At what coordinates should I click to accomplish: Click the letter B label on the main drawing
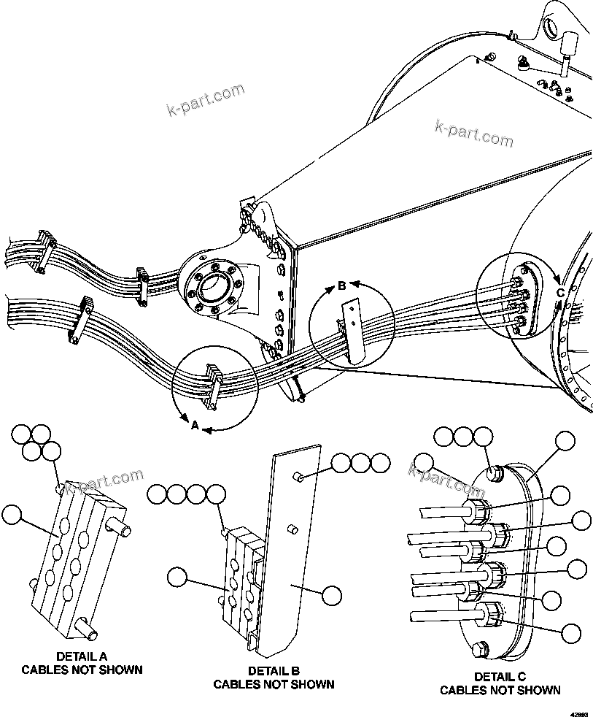point(341,286)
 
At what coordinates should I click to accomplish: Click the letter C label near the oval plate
point(560,293)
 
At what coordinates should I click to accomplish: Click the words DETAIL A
point(81,656)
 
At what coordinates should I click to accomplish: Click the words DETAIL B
point(274,671)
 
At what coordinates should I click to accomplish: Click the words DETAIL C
point(500,676)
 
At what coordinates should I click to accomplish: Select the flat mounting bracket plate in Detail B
point(288,555)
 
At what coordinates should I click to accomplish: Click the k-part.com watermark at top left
point(206,101)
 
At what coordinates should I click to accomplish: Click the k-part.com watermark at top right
point(473,133)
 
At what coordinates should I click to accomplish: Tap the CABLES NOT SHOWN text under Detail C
point(500,690)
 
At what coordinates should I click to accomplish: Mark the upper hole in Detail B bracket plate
point(298,477)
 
